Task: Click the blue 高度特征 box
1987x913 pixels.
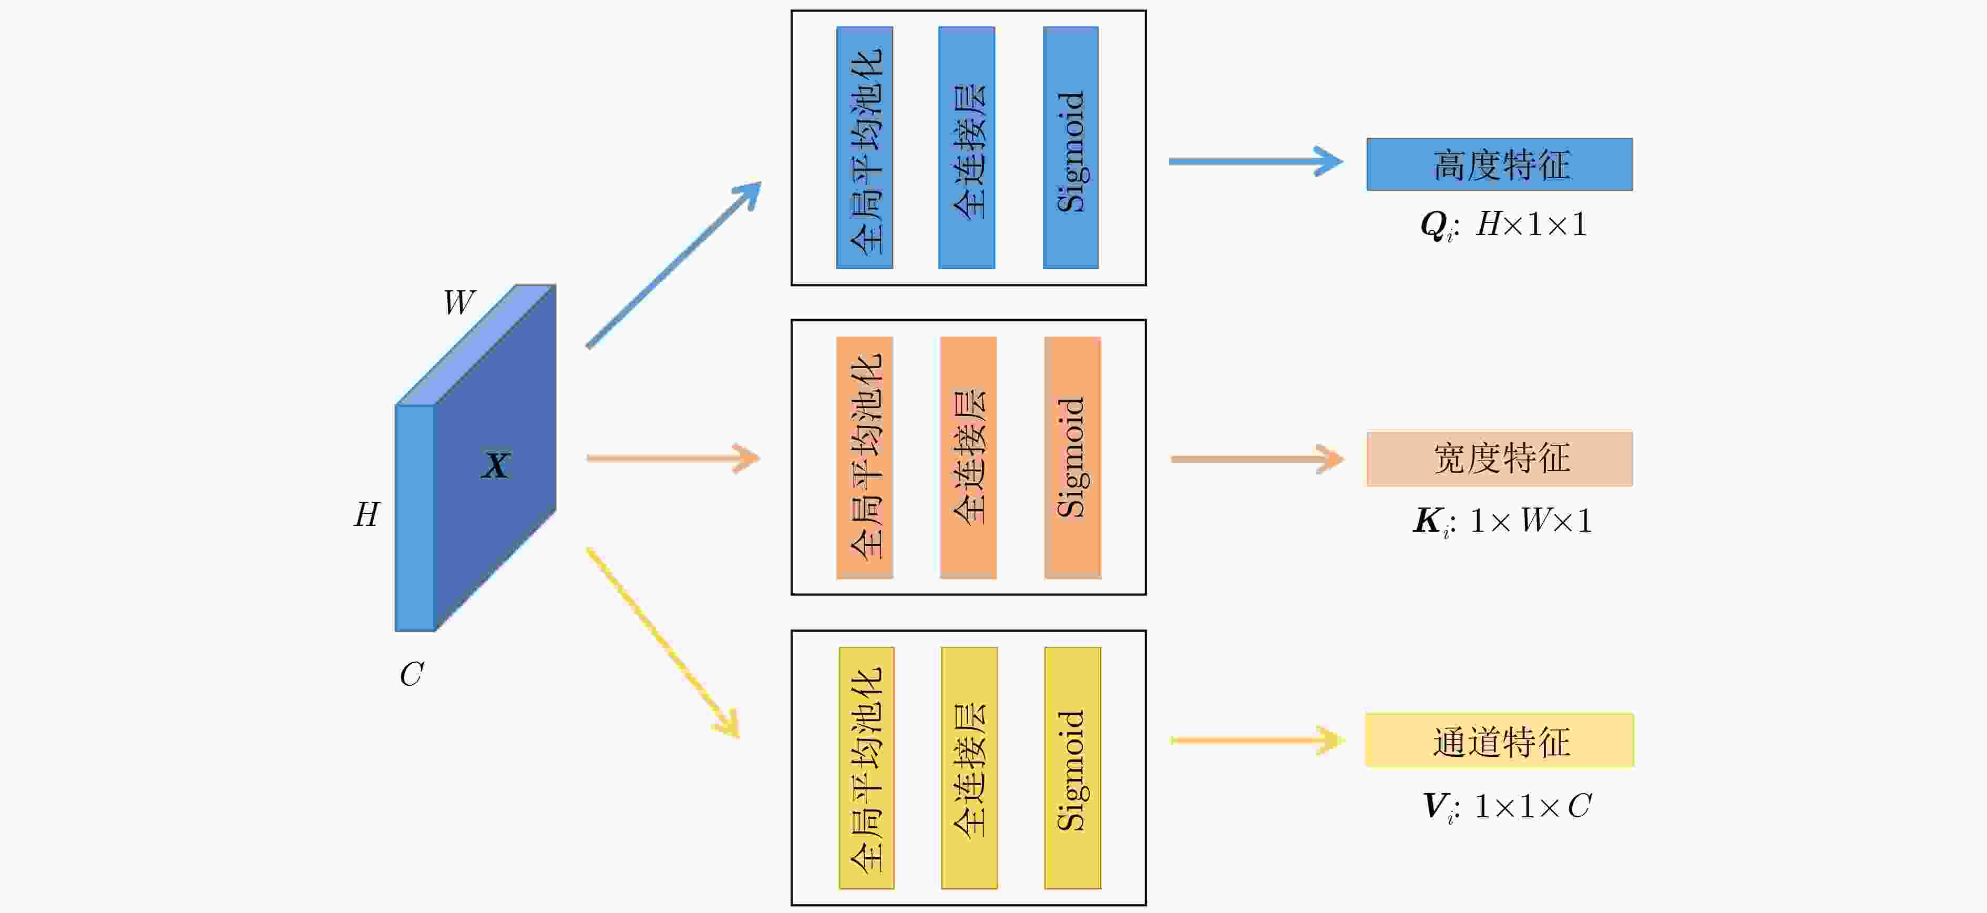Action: click(x=1500, y=165)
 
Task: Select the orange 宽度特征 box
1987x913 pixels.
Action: click(x=1500, y=459)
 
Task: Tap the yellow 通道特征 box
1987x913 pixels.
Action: click(x=1500, y=740)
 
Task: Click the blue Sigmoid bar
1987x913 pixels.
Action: click(x=1071, y=147)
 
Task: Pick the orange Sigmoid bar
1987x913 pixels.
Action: click(x=1072, y=458)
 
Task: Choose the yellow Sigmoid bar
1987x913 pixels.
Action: click(x=1072, y=768)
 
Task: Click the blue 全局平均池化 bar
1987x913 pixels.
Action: click(x=865, y=147)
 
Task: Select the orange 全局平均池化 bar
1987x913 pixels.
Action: click(x=865, y=458)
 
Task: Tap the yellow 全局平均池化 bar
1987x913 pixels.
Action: click(x=866, y=768)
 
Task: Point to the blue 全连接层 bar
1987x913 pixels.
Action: click(x=967, y=147)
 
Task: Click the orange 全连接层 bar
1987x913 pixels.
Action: click(x=968, y=458)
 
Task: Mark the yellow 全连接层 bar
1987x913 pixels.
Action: click(x=969, y=768)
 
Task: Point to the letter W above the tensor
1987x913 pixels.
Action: click(x=459, y=302)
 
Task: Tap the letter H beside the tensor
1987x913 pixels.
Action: click(x=367, y=514)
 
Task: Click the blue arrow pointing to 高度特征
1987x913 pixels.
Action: click(x=1256, y=161)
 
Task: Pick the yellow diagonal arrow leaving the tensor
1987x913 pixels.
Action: click(x=663, y=642)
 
